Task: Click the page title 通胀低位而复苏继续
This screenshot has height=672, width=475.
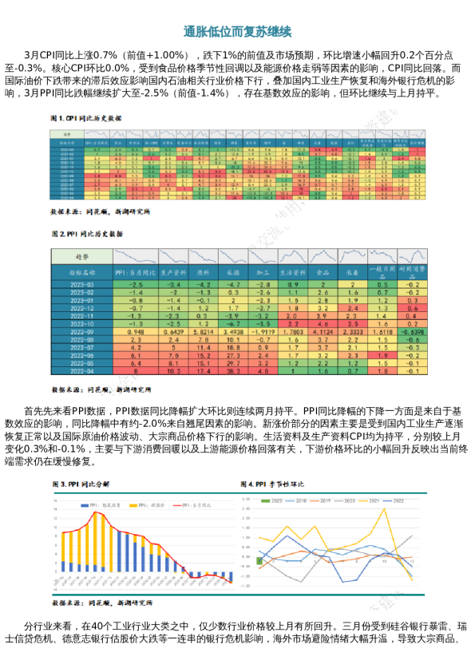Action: (237, 32)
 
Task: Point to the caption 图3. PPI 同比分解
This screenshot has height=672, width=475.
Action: (81, 484)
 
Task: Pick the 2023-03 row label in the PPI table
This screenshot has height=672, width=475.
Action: (82, 284)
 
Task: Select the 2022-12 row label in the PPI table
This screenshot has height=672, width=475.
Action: (82, 307)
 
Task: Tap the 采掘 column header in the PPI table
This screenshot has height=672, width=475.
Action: (233, 272)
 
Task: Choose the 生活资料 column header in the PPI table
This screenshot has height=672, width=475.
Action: (292, 272)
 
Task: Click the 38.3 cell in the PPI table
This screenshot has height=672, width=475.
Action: (233, 370)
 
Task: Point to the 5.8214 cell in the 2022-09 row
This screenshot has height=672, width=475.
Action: (204, 331)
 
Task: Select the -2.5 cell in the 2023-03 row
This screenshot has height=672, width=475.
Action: (136, 284)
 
